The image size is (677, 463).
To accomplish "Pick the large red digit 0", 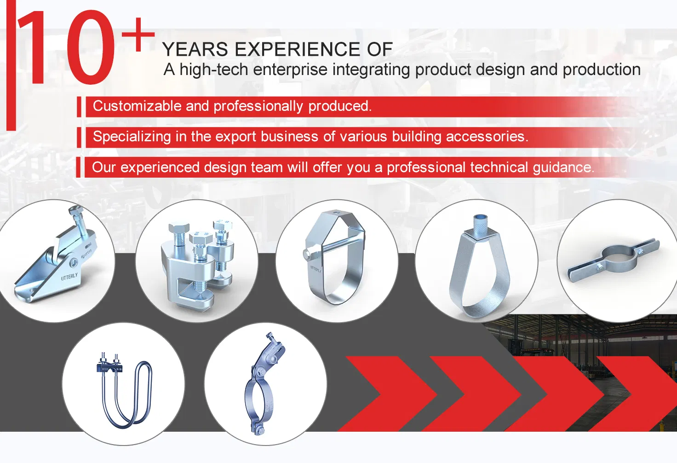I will tap(91, 47).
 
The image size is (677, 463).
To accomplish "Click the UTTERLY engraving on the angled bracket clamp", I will tap(69, 277).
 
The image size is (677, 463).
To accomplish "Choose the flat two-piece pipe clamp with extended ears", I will tap(614, 260).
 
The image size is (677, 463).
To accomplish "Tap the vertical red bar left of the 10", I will tap(11, 64).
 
